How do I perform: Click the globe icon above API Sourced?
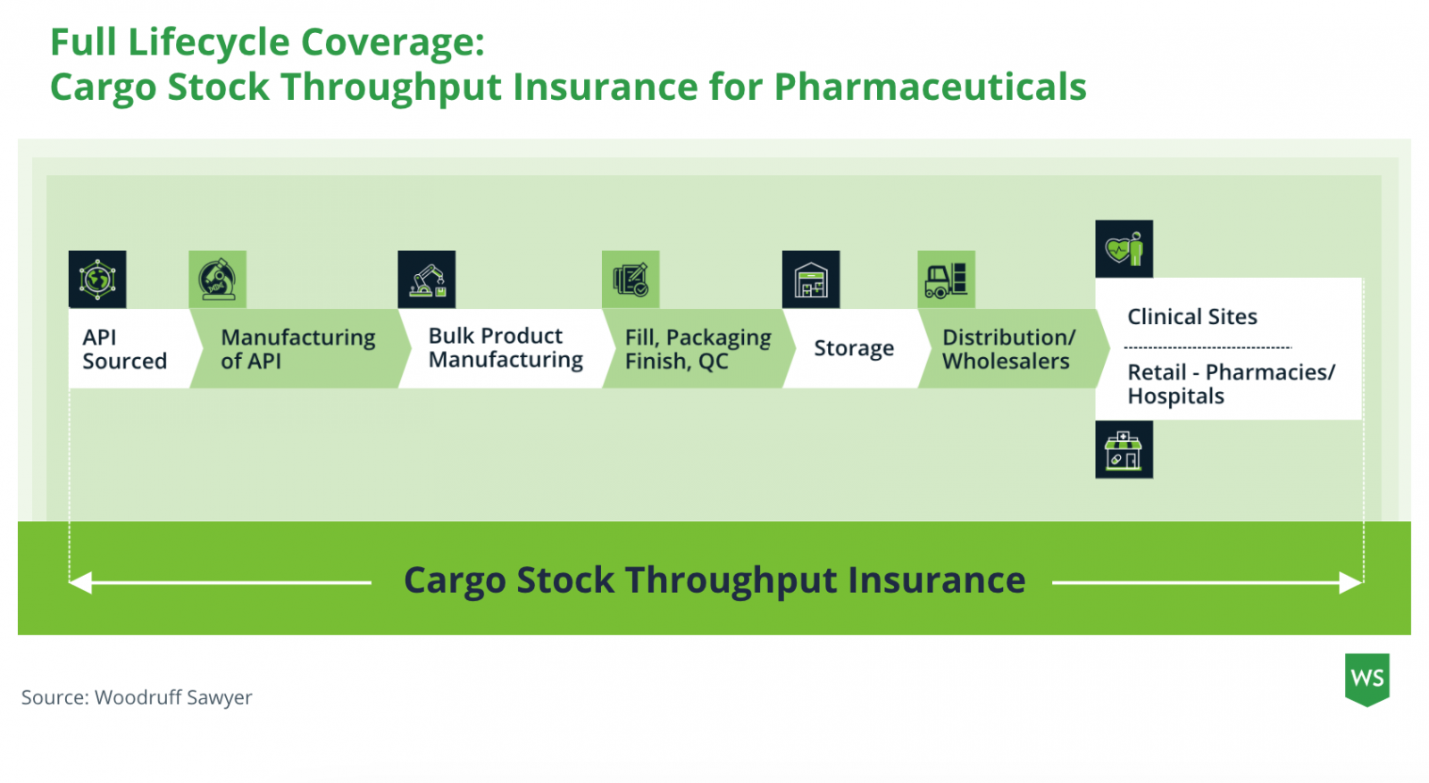[97, 279]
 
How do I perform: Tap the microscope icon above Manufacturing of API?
[218, 279]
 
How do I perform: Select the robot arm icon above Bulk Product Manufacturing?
[427, 279]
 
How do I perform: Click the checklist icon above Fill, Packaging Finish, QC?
[631, 279]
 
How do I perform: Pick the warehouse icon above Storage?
[811, 279]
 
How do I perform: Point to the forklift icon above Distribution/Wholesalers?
[946, 279]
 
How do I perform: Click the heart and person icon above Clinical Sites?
[1124, 249]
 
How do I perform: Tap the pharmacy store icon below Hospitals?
[1124, 449]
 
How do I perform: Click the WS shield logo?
[1367, 679]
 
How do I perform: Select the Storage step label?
[854, 348]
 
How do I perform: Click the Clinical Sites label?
[1191, 317]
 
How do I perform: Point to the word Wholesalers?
[1006, 361]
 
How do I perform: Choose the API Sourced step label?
[124, 349]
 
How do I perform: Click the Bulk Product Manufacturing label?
[506, 347]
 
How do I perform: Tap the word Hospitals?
[1175, 396]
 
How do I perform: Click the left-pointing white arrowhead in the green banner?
[79, 582]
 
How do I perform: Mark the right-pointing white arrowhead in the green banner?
[1351, 582]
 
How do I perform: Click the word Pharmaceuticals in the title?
[930, 86]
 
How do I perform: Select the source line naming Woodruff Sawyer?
[137, 697]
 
